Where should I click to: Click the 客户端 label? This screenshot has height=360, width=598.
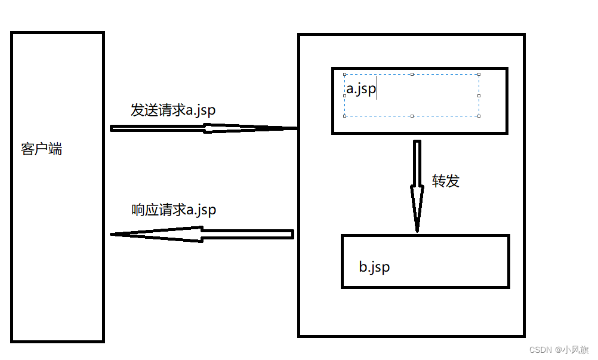(x=41, y=149)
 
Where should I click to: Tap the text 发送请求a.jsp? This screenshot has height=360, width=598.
(x=173, y=110)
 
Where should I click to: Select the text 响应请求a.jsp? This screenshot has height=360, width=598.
(x=174, y=210)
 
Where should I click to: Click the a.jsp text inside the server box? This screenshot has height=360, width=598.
(x=361, y=90)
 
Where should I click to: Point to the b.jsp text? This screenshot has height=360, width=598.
(x=374, y=266)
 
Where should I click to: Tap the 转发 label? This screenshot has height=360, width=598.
(x=445, y=181)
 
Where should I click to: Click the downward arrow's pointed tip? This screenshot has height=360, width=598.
(x=417, y=229)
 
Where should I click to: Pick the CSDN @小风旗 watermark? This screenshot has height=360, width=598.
(x=559, y=349)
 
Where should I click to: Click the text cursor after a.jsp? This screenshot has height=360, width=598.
(x=377, y=90)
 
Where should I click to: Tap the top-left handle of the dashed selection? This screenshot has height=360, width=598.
(x=345, y=75)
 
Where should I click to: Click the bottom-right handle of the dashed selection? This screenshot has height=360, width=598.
(x=479, y=116)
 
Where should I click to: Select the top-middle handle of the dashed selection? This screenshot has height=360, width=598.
(x=412, y=75)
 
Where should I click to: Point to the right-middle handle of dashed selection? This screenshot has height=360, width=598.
(x=479, y=96)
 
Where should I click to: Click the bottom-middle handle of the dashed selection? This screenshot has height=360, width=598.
(x=412, y=116)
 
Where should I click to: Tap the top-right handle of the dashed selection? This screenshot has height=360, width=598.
(x=479, y=75)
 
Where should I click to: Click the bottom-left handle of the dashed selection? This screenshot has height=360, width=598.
(x=345, y=116)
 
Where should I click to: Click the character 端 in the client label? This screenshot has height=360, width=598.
(x=55, y=149)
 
